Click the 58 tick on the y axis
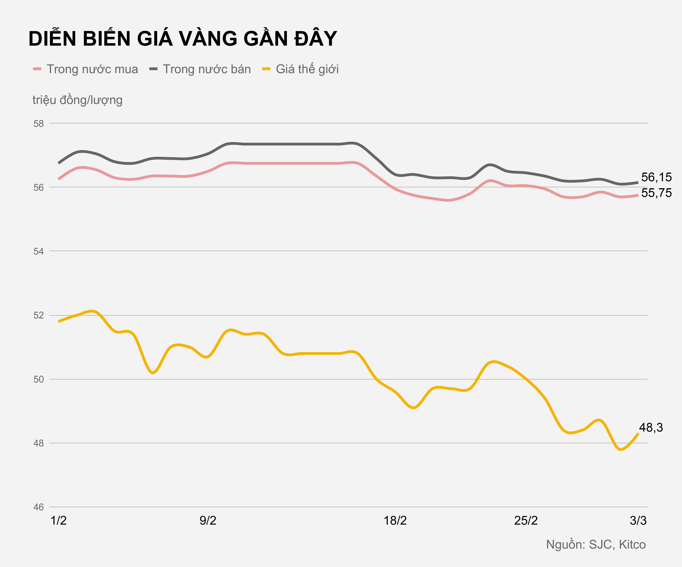(x=39, y=124)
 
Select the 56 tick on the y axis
(x=39, y=187)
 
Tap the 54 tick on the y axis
(x=39, y=251)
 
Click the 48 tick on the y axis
(x=39, y=443)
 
